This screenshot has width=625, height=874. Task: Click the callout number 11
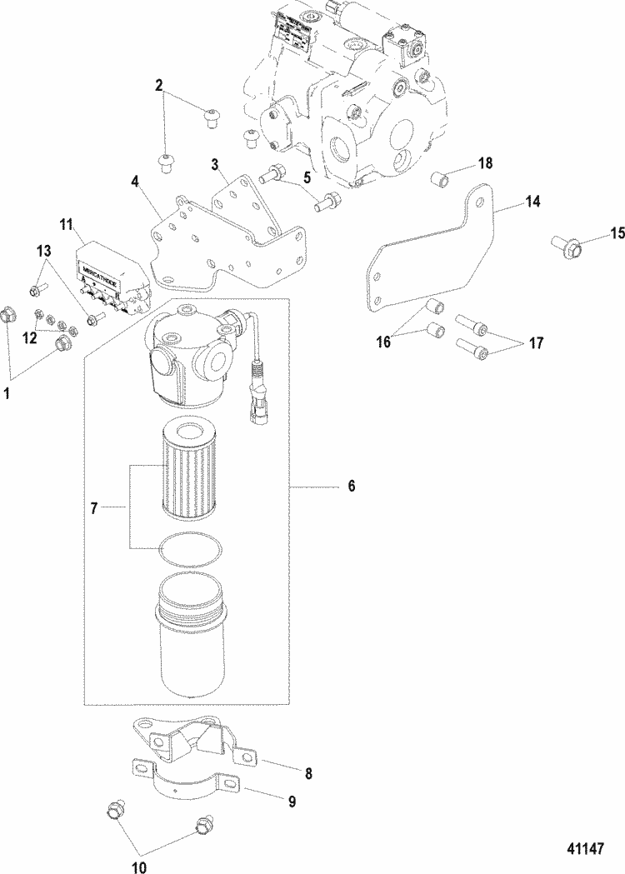coord(67,224)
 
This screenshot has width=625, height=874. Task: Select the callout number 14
coord(532,201)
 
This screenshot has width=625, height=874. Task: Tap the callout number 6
coord(351,486)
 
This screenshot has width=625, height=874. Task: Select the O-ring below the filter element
coord(190,549)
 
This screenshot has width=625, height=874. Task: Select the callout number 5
coord(307,177)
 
